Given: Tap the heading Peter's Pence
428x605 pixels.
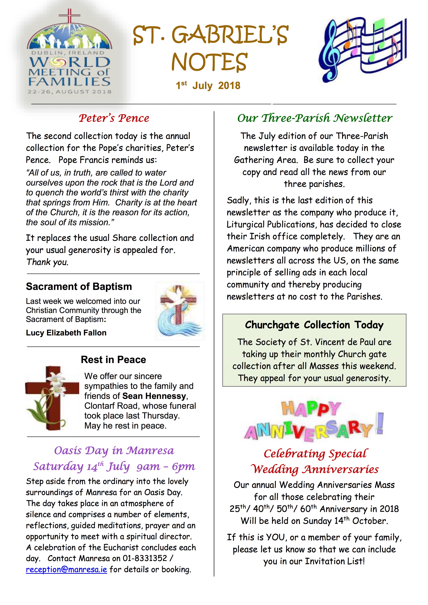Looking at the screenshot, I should pyautogui.click(x=114, y=118).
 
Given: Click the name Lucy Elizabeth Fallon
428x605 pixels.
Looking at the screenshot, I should pyautogui.click(x=66, y=333).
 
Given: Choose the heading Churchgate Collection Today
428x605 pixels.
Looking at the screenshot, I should pyautogui.click(x=314, y=325).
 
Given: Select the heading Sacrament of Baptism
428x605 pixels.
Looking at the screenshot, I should pyautogui.click(x=79, y=286).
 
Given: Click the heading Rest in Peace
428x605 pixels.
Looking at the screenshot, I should pyautogui.click(x=113, y=360).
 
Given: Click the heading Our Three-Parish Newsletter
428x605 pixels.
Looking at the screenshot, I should pyautogui.click(x=315, y=118).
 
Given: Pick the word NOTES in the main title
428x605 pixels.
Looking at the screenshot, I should pyautogui.click(x=210, y=62).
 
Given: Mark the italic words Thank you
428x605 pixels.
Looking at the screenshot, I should pyautogui.click(x=47, y=262).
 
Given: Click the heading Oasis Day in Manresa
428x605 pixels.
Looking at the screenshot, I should pyautogui.click(x=114, y=451).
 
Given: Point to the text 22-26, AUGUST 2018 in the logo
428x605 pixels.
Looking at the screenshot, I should pyautogui.click(x=69, y=92).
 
